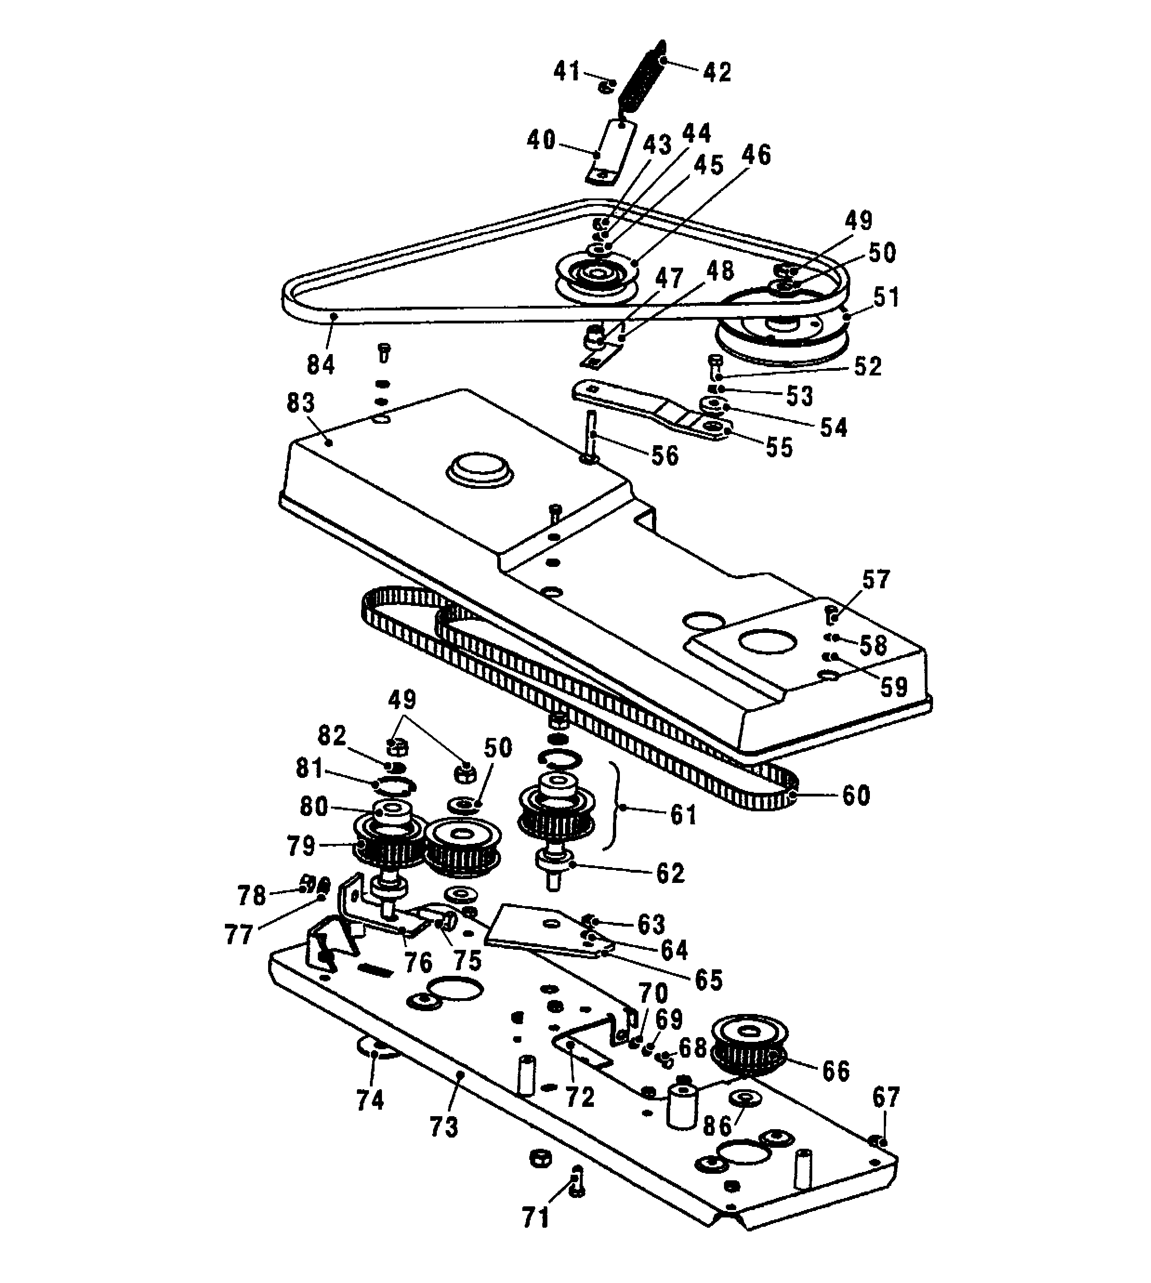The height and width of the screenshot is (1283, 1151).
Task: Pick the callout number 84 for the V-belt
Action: tap(321, 364)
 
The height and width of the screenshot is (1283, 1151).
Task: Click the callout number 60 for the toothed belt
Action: tap(856, 796)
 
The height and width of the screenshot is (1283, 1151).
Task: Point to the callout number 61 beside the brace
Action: tap(684, 815)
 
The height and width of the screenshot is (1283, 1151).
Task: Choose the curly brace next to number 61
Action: tap(612, 806)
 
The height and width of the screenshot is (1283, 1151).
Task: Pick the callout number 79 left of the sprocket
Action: tap(302, 845)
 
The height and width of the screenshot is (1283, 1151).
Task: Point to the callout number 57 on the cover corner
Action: tap(876, 579)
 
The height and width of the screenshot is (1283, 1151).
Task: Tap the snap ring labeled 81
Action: tap(394, 786)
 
